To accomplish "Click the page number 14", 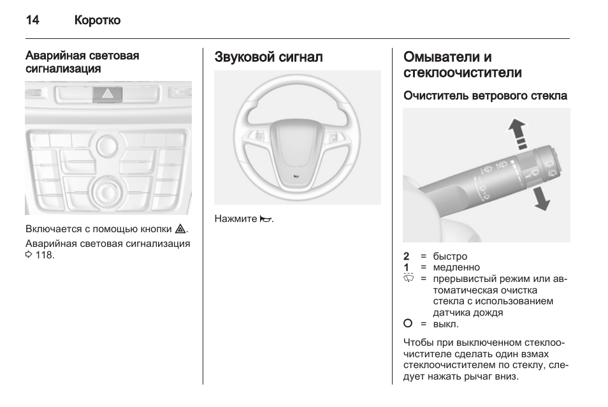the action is pos(32,20).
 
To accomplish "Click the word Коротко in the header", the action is pos(98,20).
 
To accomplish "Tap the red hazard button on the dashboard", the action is pos(108,94).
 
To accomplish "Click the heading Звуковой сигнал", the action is pos(268,57).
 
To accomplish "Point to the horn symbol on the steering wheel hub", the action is pos(296,177).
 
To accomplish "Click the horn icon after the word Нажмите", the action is pos(266,219).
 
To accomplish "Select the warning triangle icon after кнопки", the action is pos(180,229).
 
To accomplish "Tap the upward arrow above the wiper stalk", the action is pos(518,133).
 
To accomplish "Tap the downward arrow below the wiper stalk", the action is pos(541,198).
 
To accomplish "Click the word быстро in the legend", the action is pos(450,256).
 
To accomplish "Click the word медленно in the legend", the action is pos(456,267).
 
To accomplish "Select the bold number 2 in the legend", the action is pos(407,256).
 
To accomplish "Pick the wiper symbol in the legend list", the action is pos(409,278).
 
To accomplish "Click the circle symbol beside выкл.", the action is pos(408,323).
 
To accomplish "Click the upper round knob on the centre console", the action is pos(107,145).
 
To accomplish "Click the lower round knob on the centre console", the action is pos(108,191).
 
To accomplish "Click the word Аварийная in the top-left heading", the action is pos(53,56).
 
